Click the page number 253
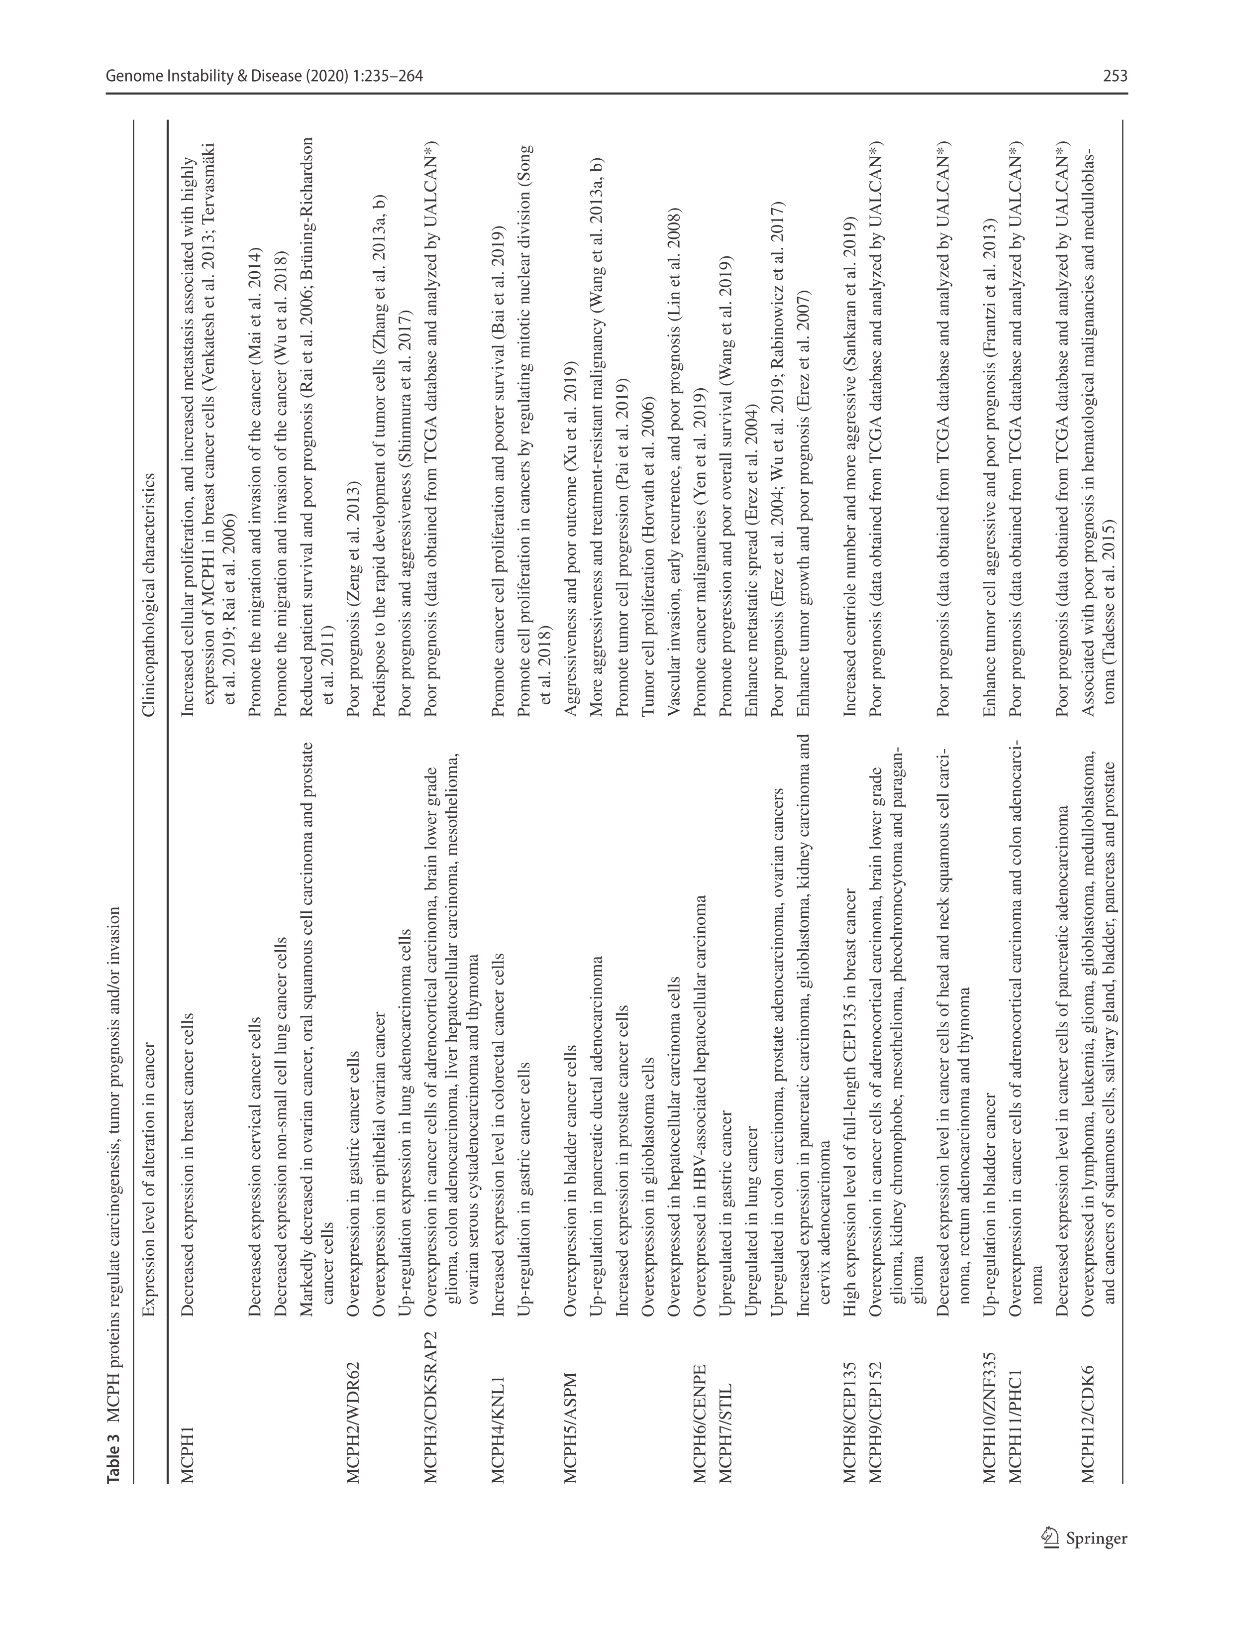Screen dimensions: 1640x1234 (x=1115, y=76)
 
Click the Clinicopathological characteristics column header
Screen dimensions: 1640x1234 (x=150, y=594)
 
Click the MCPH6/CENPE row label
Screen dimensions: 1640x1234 (x=699, y=1423)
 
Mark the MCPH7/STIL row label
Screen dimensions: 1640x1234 (x=725, y=1431)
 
